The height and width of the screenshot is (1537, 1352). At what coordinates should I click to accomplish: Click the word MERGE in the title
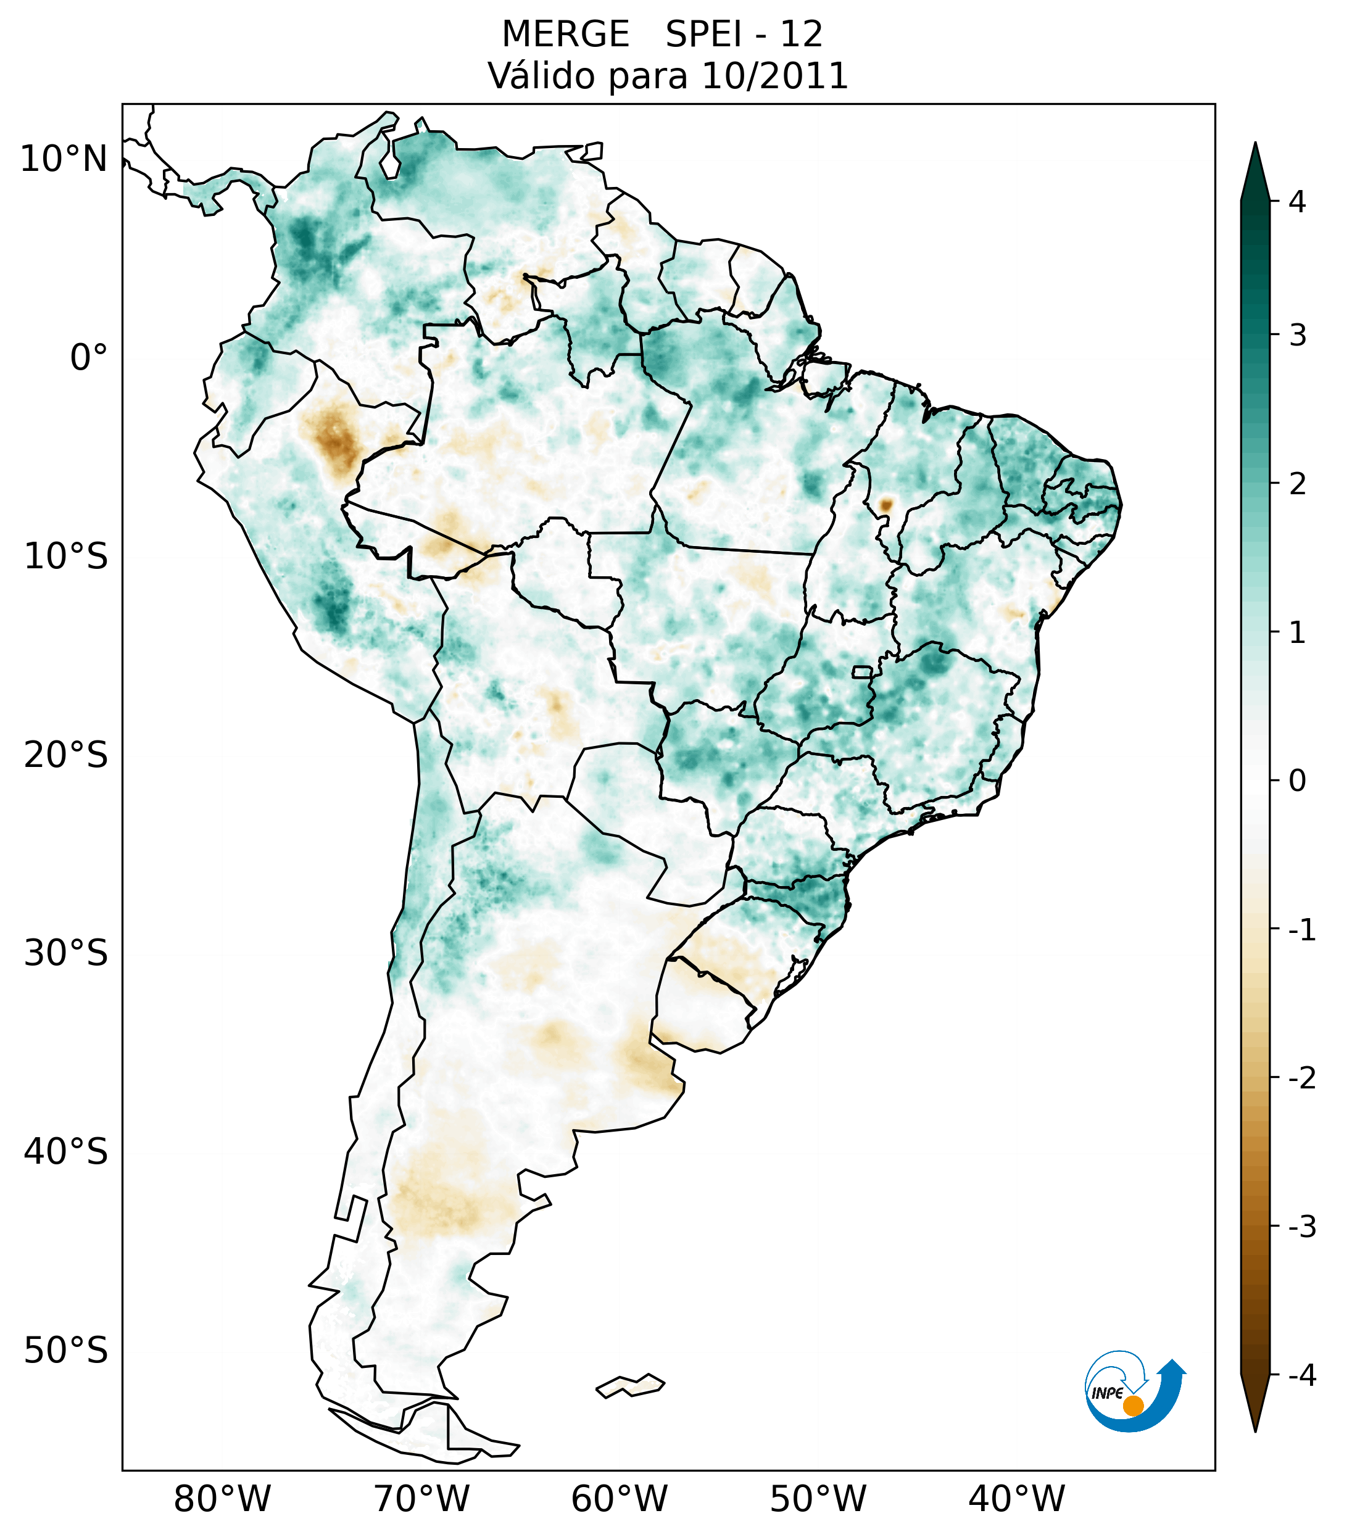[x=565, y=35]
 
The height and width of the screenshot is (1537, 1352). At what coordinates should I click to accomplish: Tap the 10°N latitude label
[x=63, y=159]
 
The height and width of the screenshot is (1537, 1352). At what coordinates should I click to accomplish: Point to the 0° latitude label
[x=89, y=358]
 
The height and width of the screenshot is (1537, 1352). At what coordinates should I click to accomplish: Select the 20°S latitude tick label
[x=66, y=755]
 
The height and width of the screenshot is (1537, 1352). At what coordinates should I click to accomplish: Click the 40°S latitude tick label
[x=66, y=1152]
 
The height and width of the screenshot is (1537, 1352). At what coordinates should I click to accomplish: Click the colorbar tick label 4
[x=1297, y=202]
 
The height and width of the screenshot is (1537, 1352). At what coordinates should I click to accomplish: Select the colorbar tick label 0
[x=1297, y=781]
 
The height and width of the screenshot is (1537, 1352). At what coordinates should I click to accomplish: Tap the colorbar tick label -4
[x=1301, y=1376]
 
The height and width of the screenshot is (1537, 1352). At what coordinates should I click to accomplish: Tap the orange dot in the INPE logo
[x=1132, y=1406]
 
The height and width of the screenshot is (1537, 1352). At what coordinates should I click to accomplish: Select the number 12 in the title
[x=801, y=35]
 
